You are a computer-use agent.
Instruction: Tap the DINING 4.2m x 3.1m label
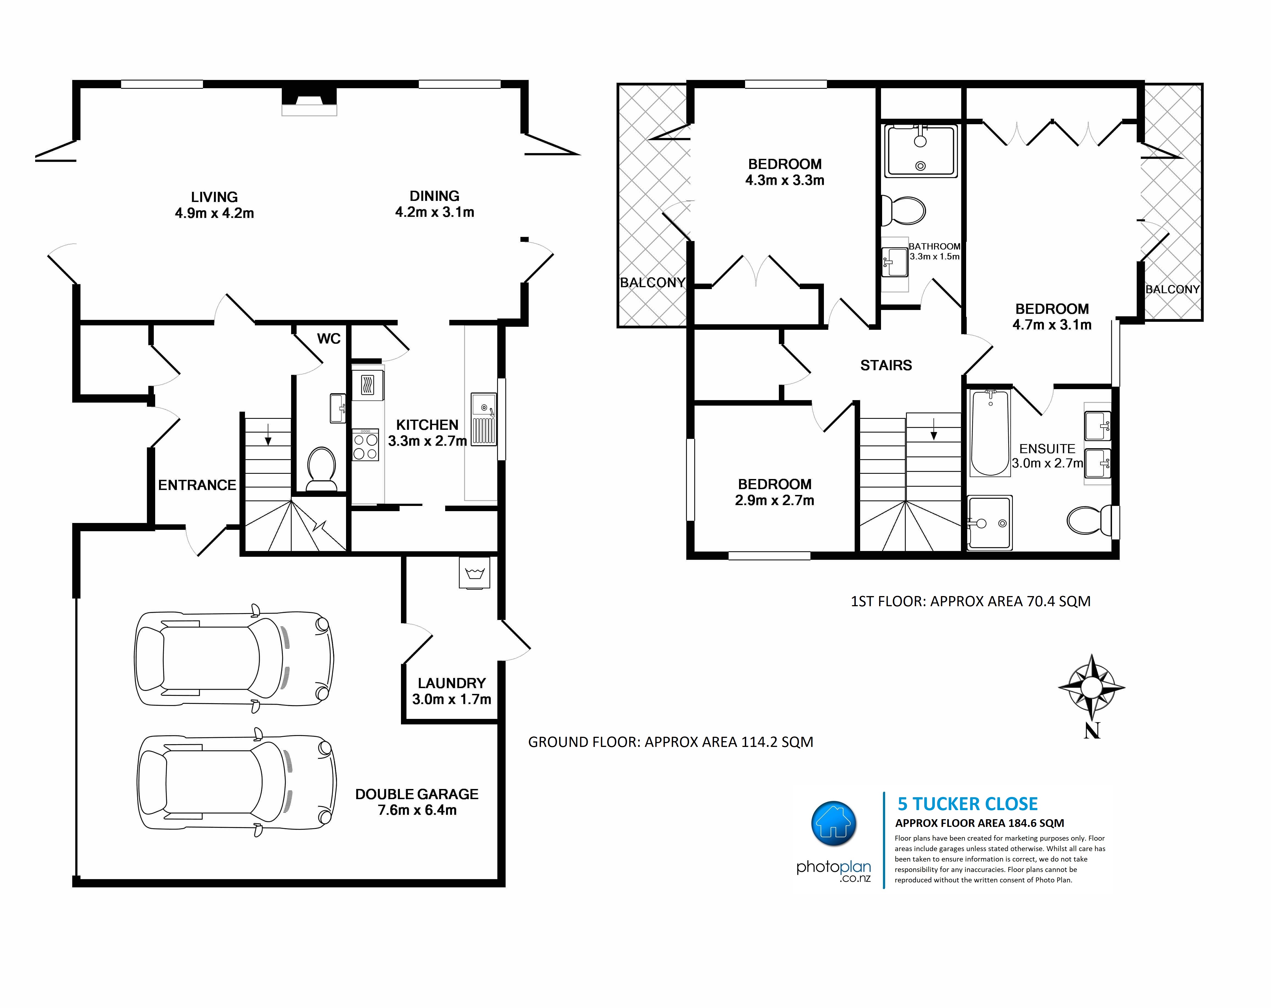(x=434, y=203)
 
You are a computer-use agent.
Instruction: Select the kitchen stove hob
(x=366, y=445)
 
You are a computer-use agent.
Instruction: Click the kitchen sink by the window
(x=483, y=419)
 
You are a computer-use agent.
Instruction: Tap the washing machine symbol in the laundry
(x=475, y=573)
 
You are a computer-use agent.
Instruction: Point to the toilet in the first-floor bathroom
(x=902, y=211)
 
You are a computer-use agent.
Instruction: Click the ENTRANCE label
(x=197, y=485)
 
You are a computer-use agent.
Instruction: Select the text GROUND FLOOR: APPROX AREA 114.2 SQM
(x=670, y=742)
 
